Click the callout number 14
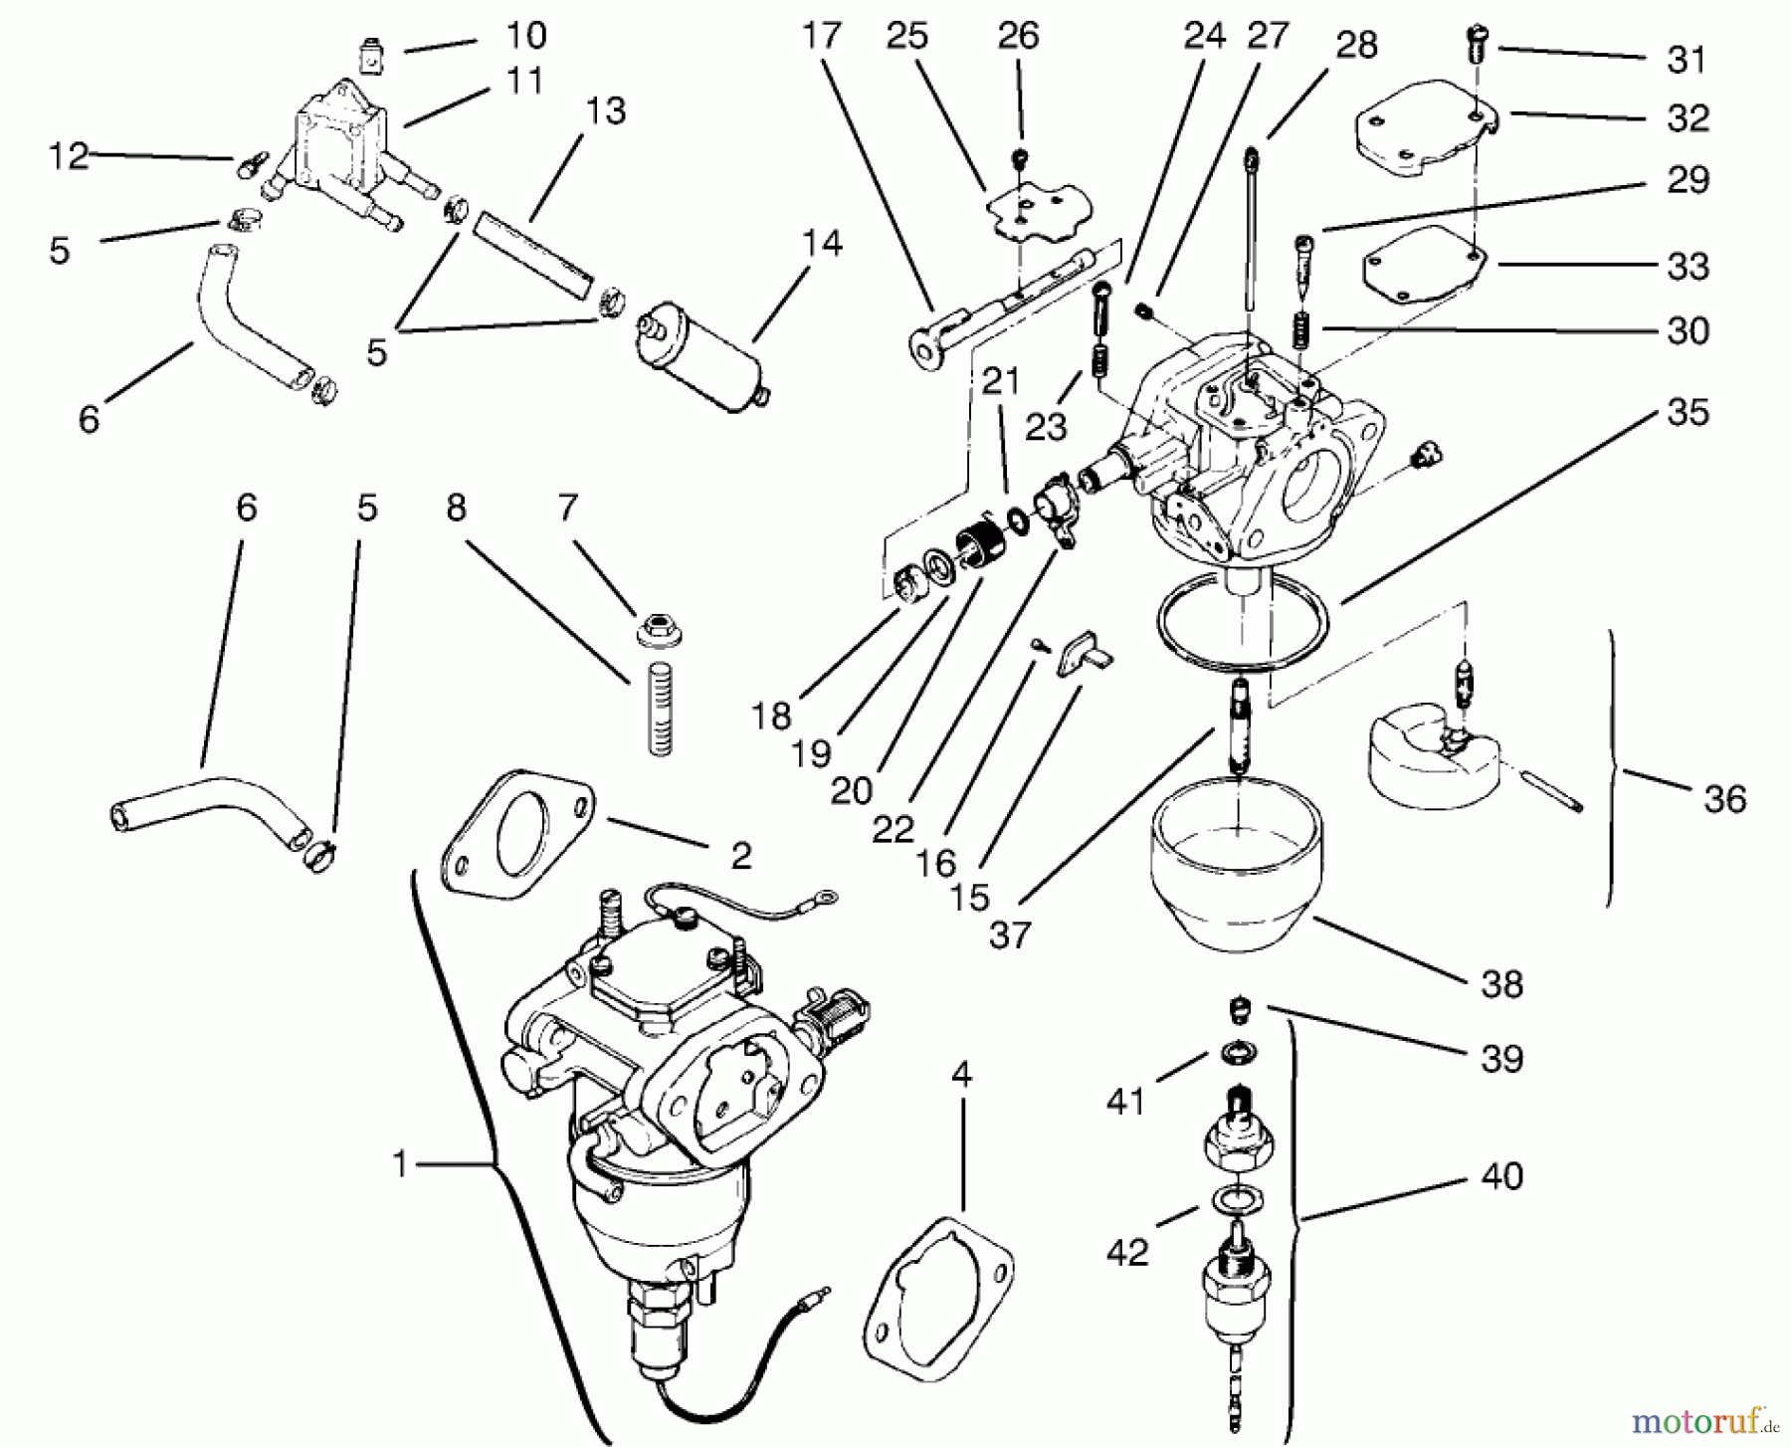click(x=821, y=243)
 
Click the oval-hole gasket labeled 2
click(x=517, y=832)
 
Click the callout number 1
click(x=400, y=1163)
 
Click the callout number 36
click(x=1724, y=798)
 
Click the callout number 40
click(x=1501, y=1175)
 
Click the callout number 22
click(x=893, y=828)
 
